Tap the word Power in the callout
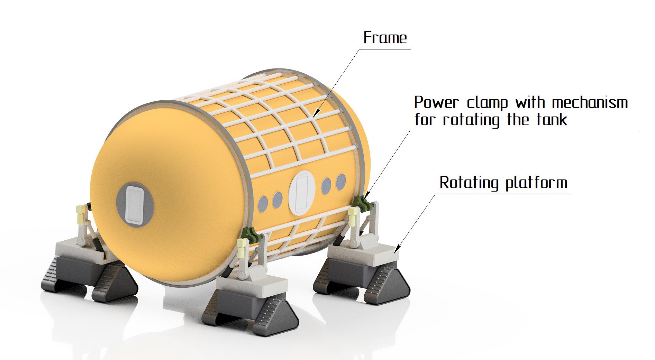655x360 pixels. pos(437,103)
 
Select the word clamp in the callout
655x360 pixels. pos(488,103)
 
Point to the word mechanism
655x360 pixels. pos(590,103)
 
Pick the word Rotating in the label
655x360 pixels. pos(469,182)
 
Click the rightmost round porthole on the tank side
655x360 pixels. pos(341,182)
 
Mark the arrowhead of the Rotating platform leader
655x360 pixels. pos(397,249)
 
